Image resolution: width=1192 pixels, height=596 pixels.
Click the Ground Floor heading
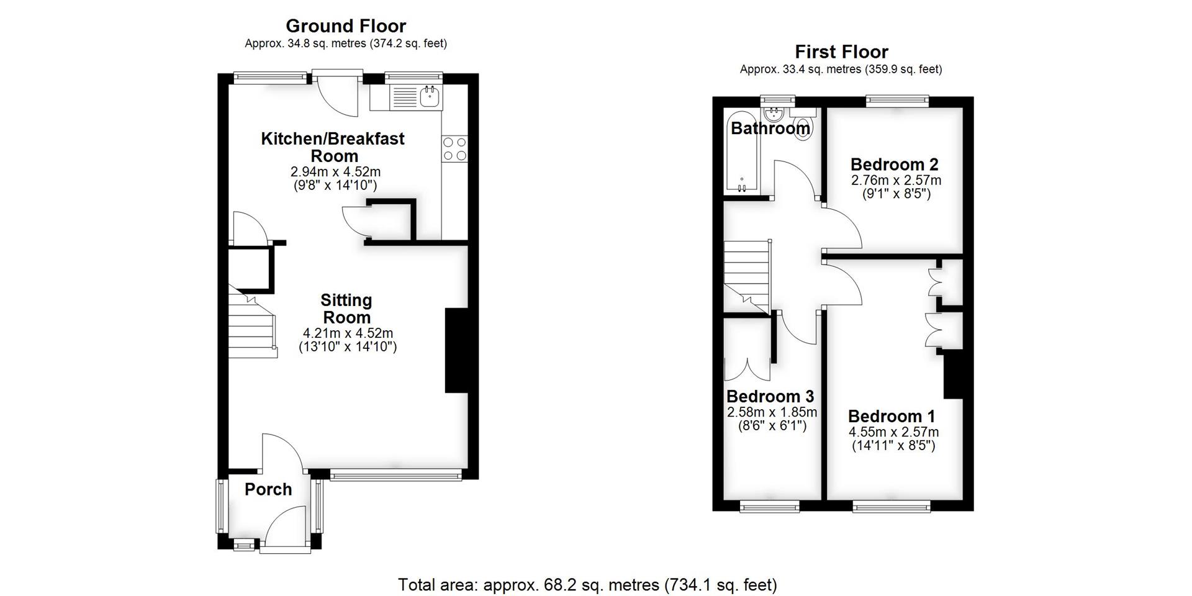coord(345,26)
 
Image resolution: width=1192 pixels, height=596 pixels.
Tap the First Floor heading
coord(841,52)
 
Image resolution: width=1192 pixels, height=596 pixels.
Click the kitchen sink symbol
coord(430,96)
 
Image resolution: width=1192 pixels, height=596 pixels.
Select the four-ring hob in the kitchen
coord(454,149)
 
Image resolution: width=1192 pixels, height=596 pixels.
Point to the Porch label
coord(268,489)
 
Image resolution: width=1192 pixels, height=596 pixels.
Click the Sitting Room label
coord(346,309)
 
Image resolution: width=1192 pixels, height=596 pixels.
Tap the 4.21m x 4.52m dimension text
coord(346,333)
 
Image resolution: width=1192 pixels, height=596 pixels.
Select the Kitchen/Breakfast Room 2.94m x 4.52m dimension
coord(335,171)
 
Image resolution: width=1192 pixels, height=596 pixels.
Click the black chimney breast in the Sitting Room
coord(456,351)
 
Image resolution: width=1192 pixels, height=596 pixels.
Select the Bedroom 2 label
coord(894,165)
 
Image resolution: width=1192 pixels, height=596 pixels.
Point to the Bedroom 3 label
coord(770,396)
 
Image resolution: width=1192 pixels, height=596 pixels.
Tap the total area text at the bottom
coord(587,585)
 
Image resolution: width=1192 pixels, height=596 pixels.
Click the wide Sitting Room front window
coord(395,476)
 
